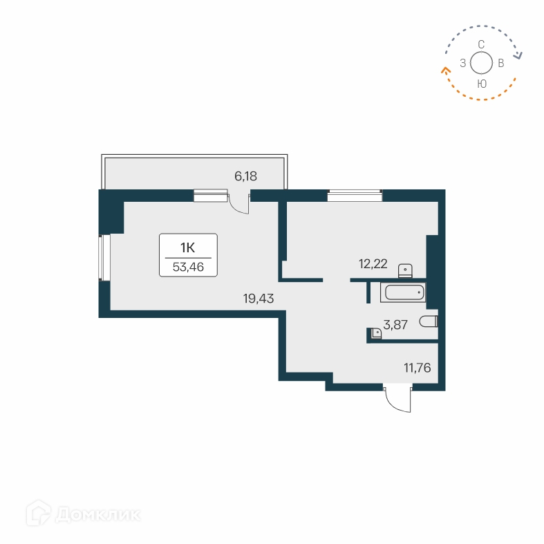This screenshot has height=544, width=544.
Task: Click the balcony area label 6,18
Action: click(x=245, y=176)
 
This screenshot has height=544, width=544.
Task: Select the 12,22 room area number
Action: click(x=373, y=263)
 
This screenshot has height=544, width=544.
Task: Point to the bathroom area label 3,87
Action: click(x=395, y=324)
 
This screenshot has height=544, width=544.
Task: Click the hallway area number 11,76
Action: click(x=418, y=368)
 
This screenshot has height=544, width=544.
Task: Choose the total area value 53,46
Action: click(x=188, y=267)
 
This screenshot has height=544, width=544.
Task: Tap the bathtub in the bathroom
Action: click(x=402, y=292)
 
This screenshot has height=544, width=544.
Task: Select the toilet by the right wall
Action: click(x=429, y=321)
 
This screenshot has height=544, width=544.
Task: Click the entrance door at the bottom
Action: click(x=398, y=400)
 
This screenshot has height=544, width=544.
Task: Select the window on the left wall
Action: click(x=104, y=257)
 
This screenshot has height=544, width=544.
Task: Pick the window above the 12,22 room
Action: click(x=355, y=196)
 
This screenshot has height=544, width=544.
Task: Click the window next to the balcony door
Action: click(x=210, y=196)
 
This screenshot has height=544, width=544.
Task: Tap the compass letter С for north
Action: click(x=481, y=44)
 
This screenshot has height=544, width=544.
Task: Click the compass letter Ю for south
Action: click(x=482, y=83)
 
